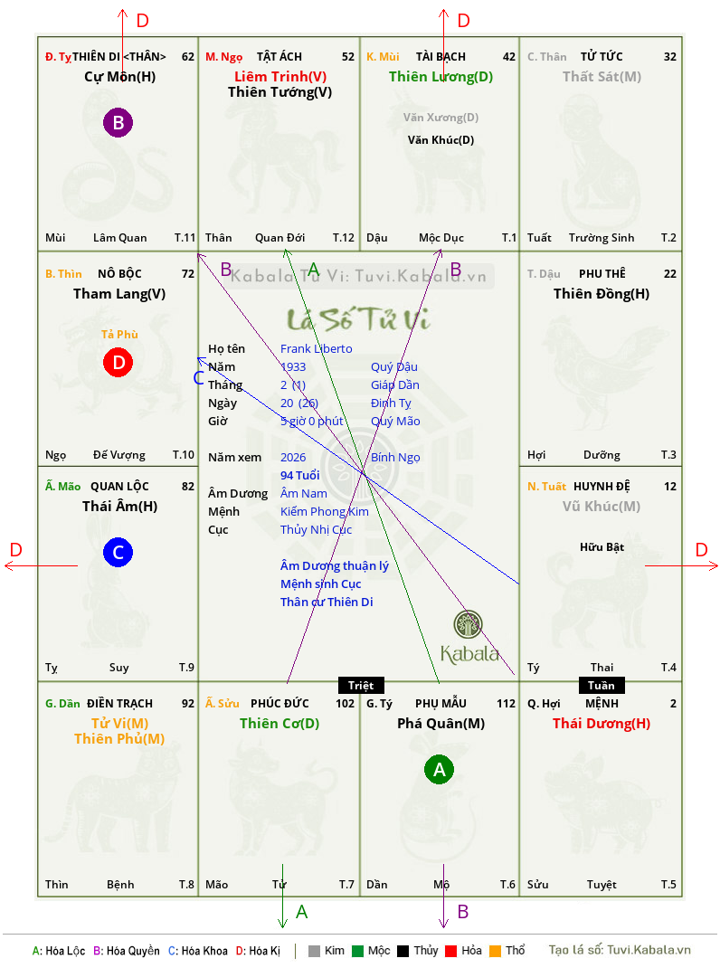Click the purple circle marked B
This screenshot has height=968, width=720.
click(x=118, y=122)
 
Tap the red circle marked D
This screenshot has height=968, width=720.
click(x=118, y=363)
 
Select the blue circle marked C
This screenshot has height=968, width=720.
click(x=118, y=552)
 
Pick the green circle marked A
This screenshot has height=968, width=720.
click(x=439, y=769)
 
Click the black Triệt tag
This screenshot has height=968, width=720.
click(x=361, y=685)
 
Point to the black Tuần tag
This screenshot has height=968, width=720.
click(x=602, y=685)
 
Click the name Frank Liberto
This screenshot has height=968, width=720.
click(x=317, y=349)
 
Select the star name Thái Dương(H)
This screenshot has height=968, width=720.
click(x=602, y=724)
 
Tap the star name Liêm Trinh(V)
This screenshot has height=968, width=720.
click(x=280, y=77)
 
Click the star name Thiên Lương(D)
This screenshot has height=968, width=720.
click(x=441, y=77)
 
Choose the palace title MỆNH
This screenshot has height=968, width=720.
click(x=602, y=704)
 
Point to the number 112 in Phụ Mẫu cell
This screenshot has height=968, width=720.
click(x=506, y=704)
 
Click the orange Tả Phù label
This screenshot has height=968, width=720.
click(x=119, y=334)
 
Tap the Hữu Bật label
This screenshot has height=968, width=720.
click(x=602, y=547)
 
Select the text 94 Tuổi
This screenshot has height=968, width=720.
click(x=300, y=475)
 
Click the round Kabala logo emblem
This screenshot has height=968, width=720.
click(x=468, y=624)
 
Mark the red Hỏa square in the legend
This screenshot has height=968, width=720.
click(x=450, y=951)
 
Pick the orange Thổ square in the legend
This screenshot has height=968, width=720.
click(x=496, y=951)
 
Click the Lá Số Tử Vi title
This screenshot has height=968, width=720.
click(x=359, y=319)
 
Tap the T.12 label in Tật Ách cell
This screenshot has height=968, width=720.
click(x=344, y=238)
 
